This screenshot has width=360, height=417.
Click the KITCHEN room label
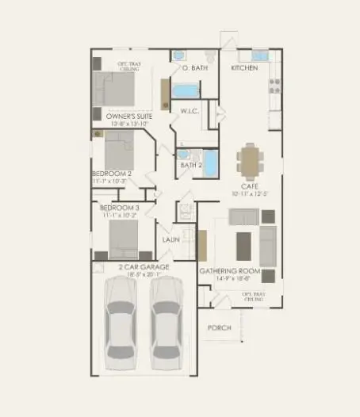point(243,68)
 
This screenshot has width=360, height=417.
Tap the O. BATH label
point(194,68)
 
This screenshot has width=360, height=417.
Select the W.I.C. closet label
point(189,111)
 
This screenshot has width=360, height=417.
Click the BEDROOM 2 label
point(112,173)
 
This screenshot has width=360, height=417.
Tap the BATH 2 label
point(191,166)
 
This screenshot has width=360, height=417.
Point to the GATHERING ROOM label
point(227,271)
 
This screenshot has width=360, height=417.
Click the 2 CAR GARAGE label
point(144,268)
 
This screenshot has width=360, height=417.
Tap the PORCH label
point(218,327)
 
